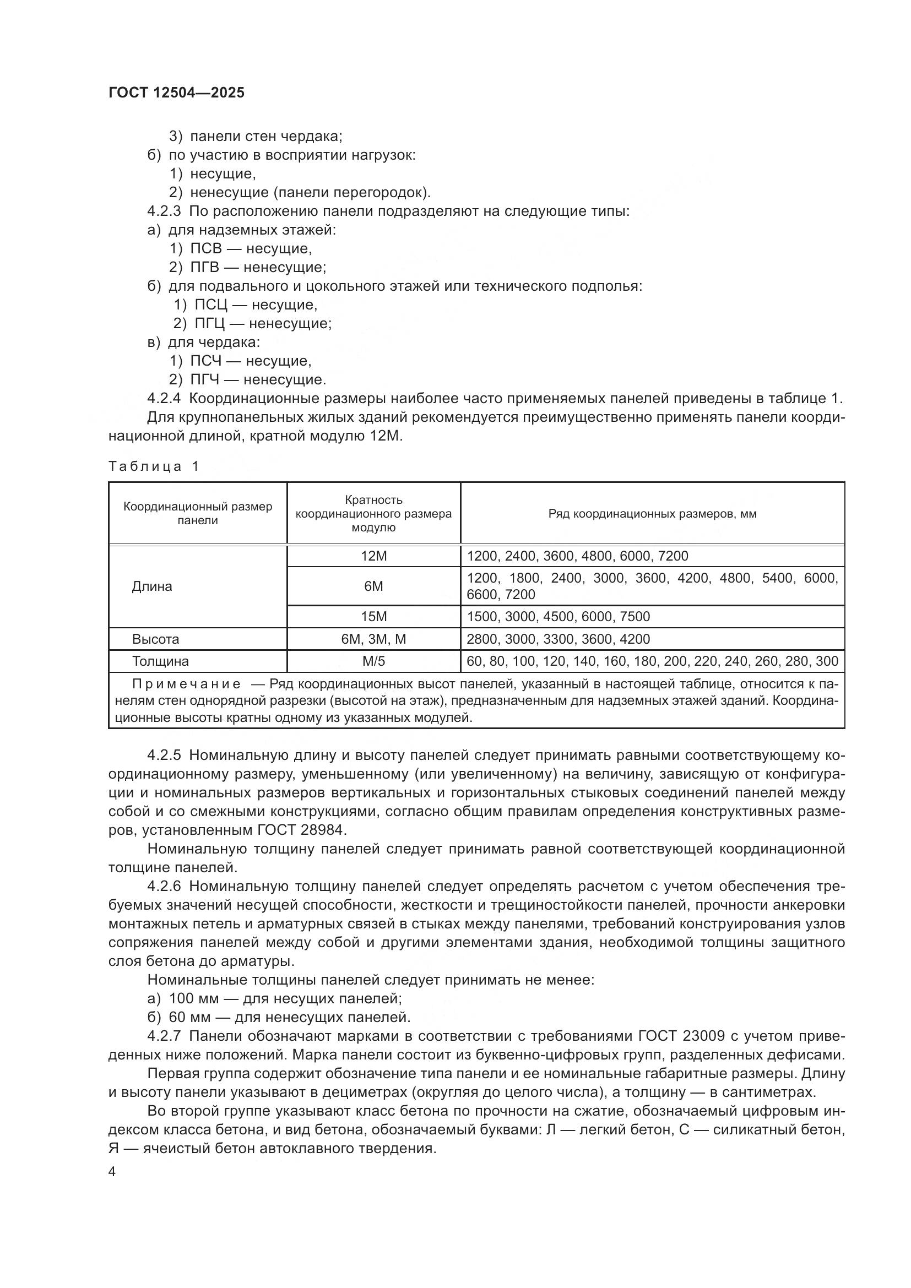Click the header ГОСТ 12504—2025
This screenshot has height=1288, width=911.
[x=176, y=93]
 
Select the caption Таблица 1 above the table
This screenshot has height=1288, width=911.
[x=154, y=466]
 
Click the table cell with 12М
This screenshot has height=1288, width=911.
[x=373, y=556]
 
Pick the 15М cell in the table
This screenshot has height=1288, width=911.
[x=373, y=617]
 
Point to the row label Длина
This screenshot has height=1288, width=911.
[x=152, y=586]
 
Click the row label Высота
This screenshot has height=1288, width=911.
[x=155, y=639]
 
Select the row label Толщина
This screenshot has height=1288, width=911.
[x=160, y=661]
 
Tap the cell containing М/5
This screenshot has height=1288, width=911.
[x=373, y=661]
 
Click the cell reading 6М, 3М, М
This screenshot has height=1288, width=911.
[x=373, y=639]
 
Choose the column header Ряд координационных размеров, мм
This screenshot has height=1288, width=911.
[x=652, y=514]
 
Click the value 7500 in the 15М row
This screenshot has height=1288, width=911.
[x=635, y=617]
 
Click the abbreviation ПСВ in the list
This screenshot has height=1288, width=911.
[x=206, y=248]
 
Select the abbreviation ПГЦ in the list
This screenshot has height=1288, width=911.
[x=210, y=324]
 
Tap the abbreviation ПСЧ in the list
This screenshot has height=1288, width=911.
[x=206, y=361]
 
